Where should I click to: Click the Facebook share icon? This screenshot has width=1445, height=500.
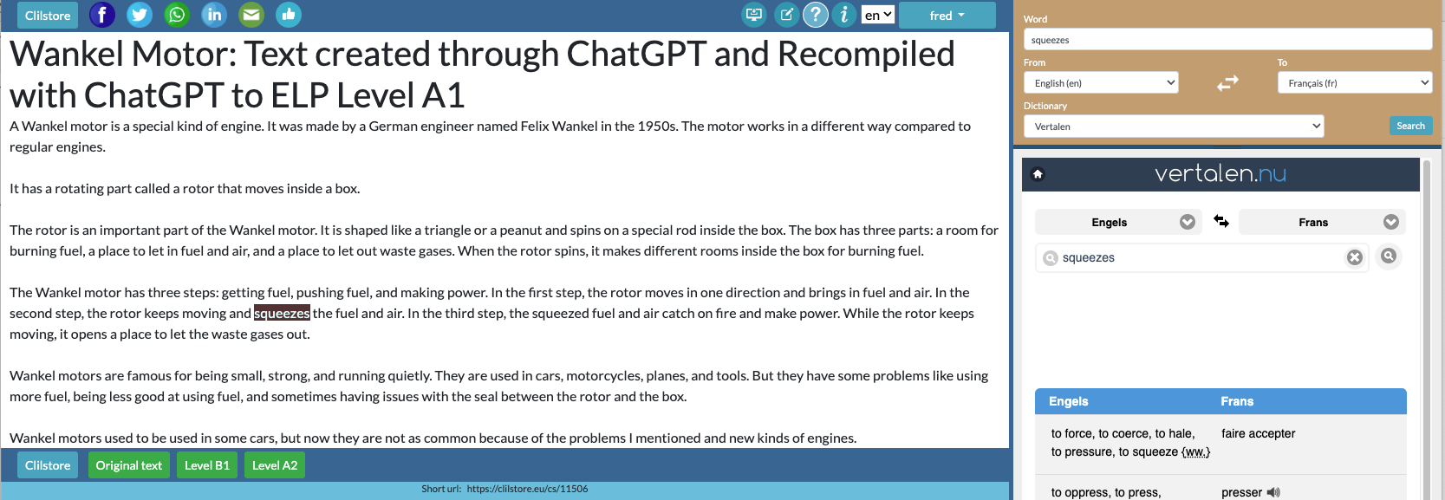(x=102, y=15)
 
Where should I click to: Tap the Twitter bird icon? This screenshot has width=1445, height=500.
(x=140, y=15)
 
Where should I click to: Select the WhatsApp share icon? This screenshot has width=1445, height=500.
(x=177, y=15)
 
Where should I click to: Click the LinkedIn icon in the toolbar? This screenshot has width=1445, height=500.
(x=214, y=15)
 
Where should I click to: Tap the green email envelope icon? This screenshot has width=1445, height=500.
(x=251, y=15)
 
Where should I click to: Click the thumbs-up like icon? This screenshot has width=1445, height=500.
(x=289, y=15)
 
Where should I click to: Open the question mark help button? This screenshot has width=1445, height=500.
(x=816, y=15)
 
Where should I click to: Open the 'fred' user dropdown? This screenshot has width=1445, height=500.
(x=947, y=16)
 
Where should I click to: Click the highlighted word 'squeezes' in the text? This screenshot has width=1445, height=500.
(x=282, y=314)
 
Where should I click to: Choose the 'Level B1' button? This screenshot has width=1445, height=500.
(x=207, y=465)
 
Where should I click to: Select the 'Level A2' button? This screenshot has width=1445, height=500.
(x=275, y=465)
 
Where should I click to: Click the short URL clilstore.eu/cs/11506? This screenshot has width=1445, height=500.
(x=527, y=489)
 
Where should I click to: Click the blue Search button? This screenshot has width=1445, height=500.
(x=1411, y=126)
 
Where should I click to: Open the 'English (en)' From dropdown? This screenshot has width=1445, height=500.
(x=1101, y=82)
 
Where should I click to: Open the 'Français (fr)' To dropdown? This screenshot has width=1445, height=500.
(x=1355, y=82)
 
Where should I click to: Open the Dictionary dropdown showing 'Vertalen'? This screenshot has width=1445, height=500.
(x=1174, y=126)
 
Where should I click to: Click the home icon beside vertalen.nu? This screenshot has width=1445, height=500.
(x=1038, y=174)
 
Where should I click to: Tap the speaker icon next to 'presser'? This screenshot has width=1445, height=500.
(x=1273, y=492)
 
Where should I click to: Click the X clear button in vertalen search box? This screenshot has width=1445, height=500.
(x=1355, y=257)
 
